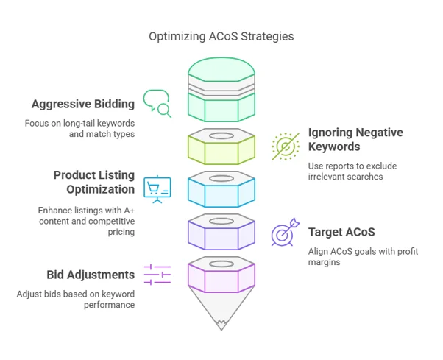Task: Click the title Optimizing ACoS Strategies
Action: click(x=221, y=37)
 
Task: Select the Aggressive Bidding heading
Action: click(x=83, y=104)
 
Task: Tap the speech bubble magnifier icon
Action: click(x=157, y=104)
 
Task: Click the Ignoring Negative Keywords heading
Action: click(x=355, y=139)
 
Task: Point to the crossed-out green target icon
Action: click(x=286, y=147)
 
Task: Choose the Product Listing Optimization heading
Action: click(x=94, y=183)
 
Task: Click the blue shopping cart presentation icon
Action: click(x=157, y=189)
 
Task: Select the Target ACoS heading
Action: click(x=341, y=233)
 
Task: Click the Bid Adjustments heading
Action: click(x=91, y=275)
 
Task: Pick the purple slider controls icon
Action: click(x=157, y=275)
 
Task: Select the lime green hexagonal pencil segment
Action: click(x=221, y=147)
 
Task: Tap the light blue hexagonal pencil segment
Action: click(x=221, y=189)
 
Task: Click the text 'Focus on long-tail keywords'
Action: click(x=79, y=124)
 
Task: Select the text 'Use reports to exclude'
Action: click(x=352, y=166)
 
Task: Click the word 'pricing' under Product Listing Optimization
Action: click(x=121, y=233)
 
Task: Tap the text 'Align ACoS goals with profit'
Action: click(x=363, y=252)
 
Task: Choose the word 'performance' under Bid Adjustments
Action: click(x=109, y=306)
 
